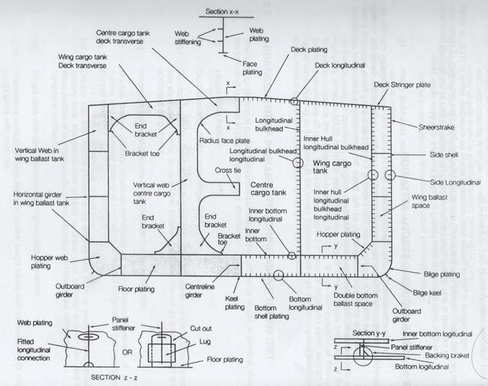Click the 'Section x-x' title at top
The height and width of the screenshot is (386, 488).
coord(223,12)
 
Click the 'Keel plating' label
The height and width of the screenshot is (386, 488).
coord(234,305)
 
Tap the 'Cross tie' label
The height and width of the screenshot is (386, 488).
coord(227,171)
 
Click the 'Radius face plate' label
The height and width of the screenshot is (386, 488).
coord(226,142)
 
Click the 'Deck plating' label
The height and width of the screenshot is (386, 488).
coord(310,49)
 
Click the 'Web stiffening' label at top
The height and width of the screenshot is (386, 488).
coord(186,39)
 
